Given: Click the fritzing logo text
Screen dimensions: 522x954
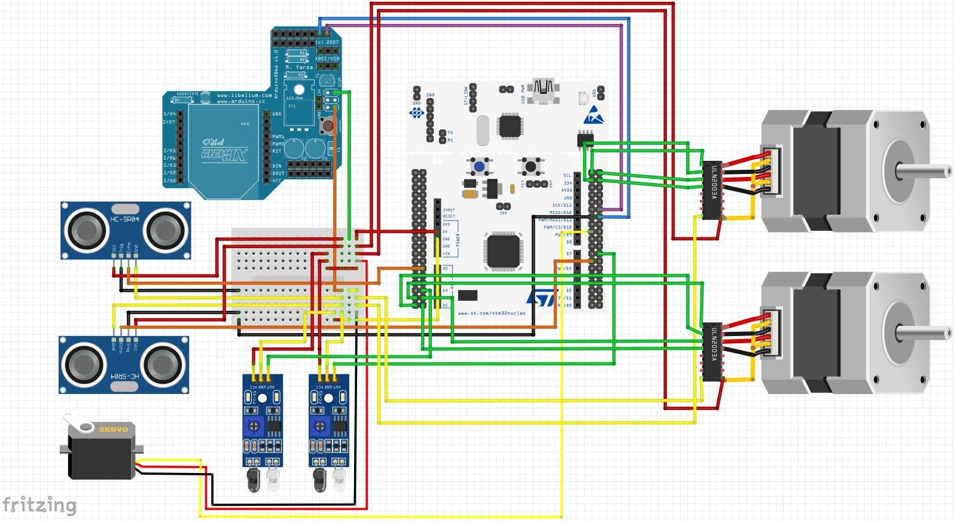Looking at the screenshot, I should pos(39,506).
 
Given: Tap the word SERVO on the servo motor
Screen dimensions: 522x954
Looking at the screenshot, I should pos(113,429).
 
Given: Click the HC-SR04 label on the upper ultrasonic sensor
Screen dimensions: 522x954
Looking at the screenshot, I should pos(124,219).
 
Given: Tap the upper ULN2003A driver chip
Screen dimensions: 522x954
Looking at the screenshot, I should pos(712,190).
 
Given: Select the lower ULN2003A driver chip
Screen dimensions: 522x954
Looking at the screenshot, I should pos(712,352).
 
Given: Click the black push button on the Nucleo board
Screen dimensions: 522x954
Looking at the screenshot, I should pos(530,166).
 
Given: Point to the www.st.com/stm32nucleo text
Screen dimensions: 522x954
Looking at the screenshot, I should pos(491,313).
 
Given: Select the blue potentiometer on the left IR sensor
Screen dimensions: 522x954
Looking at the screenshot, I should pos(254,426).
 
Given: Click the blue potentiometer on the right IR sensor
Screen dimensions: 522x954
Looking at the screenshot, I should pos(319,426).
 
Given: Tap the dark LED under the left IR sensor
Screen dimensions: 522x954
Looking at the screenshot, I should pos(254,480).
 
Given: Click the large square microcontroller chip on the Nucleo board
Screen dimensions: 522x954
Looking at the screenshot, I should pos(503,251).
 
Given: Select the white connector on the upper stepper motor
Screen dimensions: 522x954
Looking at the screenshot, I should pos(772,170).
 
